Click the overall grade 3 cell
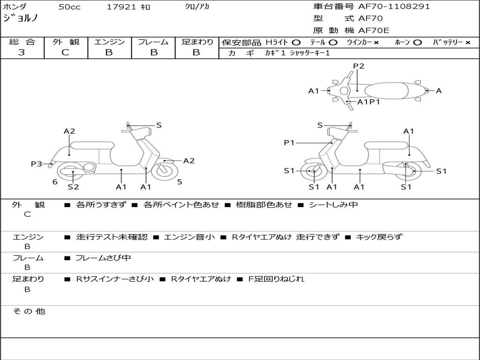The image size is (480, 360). coord(22,52)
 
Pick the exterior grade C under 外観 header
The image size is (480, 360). coord(66,52)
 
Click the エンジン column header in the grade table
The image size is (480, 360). coord(109,42)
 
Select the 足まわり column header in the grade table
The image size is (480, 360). coord(197,42)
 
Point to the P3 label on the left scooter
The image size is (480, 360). coord(37,164)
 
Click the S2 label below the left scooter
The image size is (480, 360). coord(73,187)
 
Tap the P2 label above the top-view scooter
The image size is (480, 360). coord(359,66)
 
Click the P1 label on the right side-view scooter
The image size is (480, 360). coord(289,142)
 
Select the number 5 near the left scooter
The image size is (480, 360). coord(180,182)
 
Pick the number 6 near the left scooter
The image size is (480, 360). coord(55,182)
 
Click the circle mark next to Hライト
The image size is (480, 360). coord(296,43)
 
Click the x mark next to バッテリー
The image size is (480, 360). coord(468,43)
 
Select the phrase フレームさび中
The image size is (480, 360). coord(103,258)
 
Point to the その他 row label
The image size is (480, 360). coord(29,311)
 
